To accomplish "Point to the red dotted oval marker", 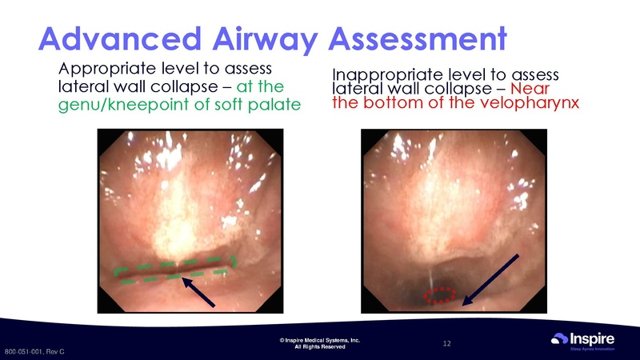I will (x=438, y=295).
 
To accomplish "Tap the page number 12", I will (x=447, y=343).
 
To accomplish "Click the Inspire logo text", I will (x=594, y=338).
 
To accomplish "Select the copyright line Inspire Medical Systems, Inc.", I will (x=319, y=340).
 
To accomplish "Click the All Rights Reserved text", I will (x=319, y=347).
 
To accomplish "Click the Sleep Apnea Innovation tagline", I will (x=592, y=349).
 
